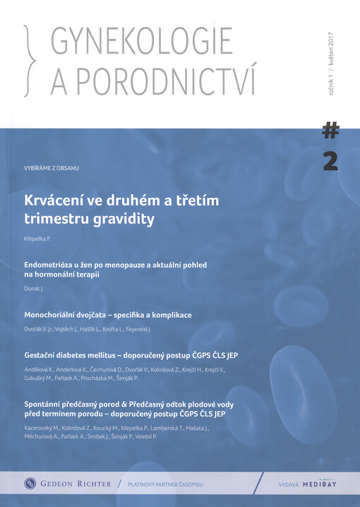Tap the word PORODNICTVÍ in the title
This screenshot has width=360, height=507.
(x=155, y=83)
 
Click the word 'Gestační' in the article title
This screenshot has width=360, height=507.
(x=44, y=355)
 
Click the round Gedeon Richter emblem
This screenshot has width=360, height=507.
(x=30, y=483)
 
